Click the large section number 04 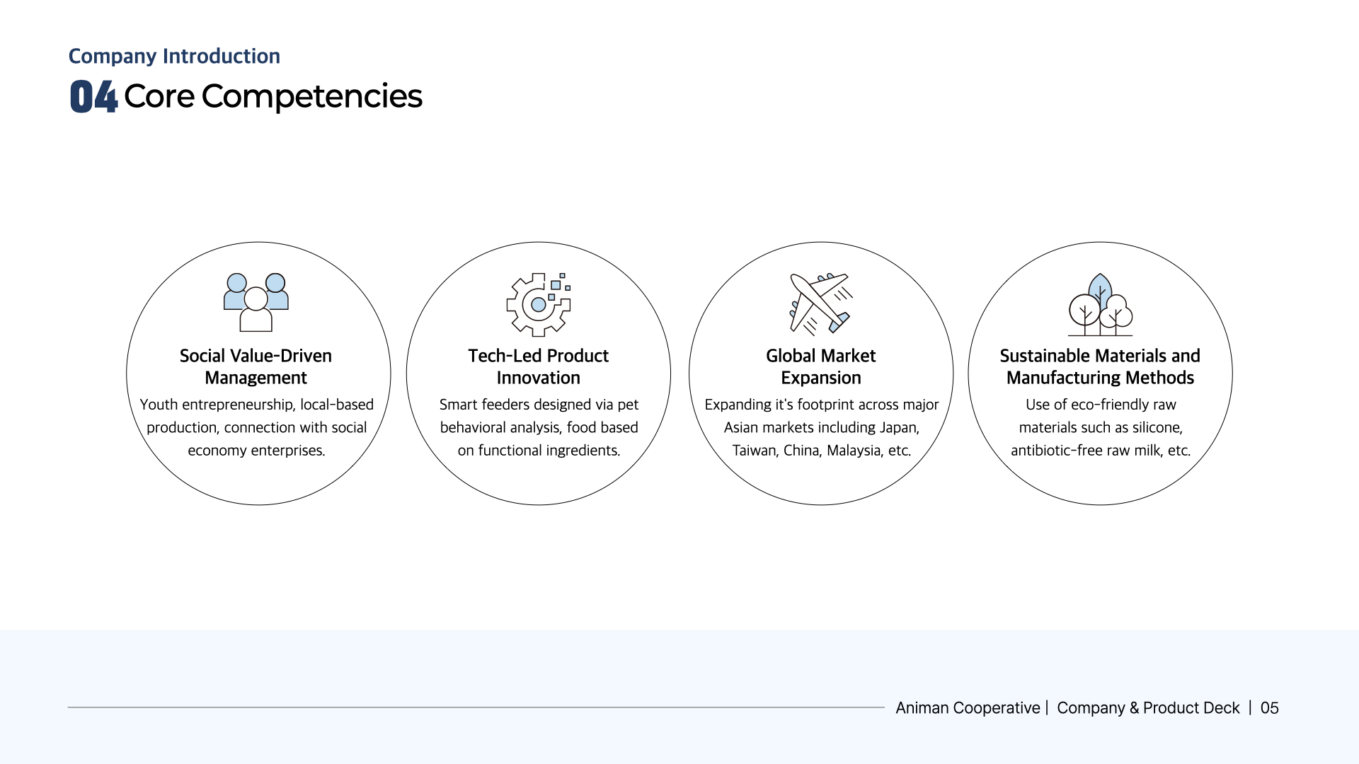(93, 96)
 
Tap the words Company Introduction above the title (174, 56)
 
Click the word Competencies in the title (311, 97)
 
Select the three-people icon (256, 303)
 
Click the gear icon (539, 304)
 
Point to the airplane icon (821, 303)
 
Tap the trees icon (1101, 304)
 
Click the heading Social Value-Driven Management (256, 366)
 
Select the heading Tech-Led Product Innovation (539, 366)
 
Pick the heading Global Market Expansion (821, 366)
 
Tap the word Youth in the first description (159, 405)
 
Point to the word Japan (899, 428)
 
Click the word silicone (1157, 428)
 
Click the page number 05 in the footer (1270, 708)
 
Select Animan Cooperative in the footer (968, 708)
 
